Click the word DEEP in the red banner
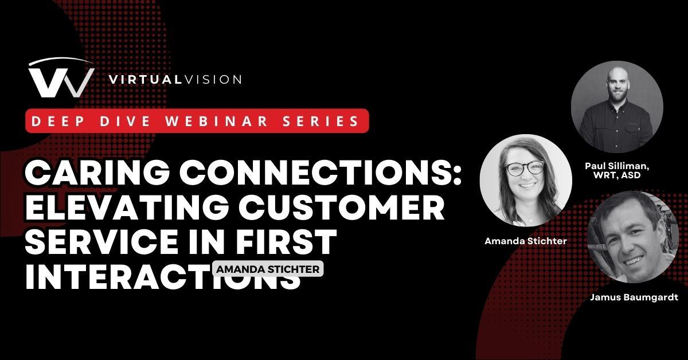(54, 121)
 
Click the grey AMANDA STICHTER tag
(268, 269)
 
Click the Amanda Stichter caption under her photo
(525, 241)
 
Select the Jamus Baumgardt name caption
(634, 298)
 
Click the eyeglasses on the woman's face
(524, 168)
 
